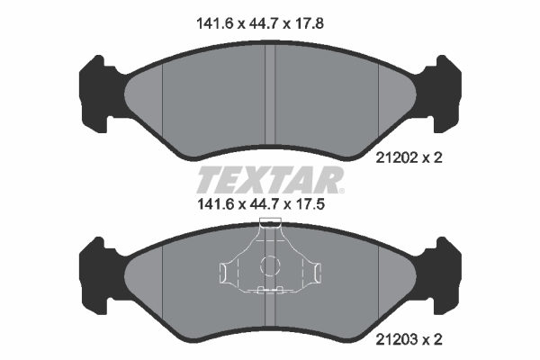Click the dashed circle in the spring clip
coord(269,265)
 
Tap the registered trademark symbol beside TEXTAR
coord(341,190)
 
